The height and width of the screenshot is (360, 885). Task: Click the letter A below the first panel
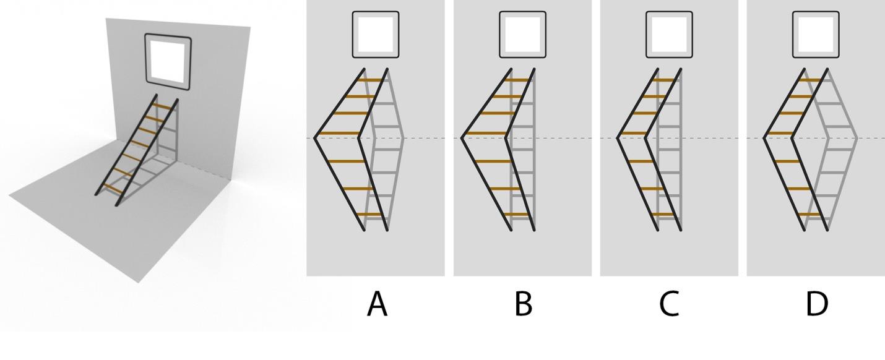point(377,304)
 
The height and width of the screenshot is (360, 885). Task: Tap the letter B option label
point(523,304)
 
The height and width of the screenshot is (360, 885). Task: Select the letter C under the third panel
point(669,304)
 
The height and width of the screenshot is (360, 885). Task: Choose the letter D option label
point(816,304)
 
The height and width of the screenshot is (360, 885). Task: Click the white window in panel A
point(376,35)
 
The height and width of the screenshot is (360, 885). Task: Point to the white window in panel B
point(522,35)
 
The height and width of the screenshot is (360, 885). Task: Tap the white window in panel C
point(669,35)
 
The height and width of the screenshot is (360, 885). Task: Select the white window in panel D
point(816,35)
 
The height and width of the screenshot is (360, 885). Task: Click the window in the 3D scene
point(168,59)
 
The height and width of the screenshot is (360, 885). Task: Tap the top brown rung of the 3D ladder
point(163,106)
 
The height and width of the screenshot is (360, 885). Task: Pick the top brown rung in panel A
point(373,80)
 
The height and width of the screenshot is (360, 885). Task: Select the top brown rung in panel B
point(519,80)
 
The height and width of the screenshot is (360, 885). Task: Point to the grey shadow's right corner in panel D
point(857,137)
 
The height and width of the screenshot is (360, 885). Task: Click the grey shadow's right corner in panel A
point(404,137)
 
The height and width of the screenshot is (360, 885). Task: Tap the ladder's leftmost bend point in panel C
point(618,137)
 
